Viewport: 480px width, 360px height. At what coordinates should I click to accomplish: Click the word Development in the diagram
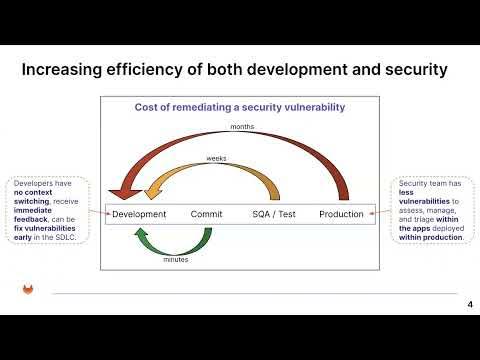(139, 214)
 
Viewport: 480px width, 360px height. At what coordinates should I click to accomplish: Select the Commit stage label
(206, 214)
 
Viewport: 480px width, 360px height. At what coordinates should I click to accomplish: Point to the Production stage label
(341, 214)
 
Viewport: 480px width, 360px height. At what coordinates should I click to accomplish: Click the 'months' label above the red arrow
(242, 127)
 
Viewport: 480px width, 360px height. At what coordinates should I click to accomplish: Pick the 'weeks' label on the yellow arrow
(216, 158)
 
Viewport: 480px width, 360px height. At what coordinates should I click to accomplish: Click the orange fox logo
(28, 290)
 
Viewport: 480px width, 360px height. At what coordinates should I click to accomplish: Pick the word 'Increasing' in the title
(70, 70)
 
